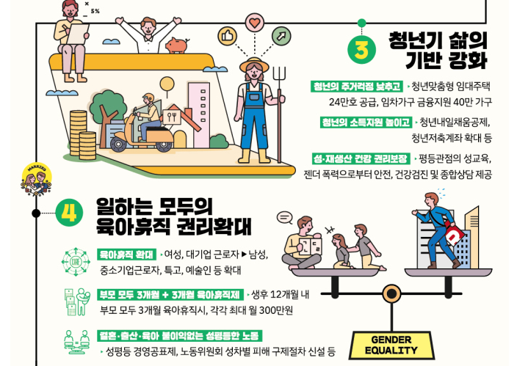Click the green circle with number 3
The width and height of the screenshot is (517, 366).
tap(362, 48)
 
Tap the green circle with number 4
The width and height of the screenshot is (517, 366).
tap(68, 213)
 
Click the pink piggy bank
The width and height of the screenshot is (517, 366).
tap(176, 45)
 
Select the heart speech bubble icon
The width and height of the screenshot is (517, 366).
tap(254, 25)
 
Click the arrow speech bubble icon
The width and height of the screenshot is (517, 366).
tap(280, 35)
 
